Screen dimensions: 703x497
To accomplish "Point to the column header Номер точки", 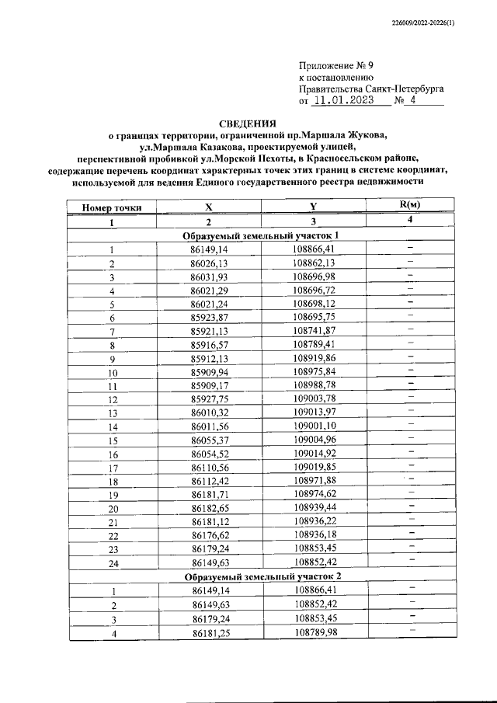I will (x=112, y=207).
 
